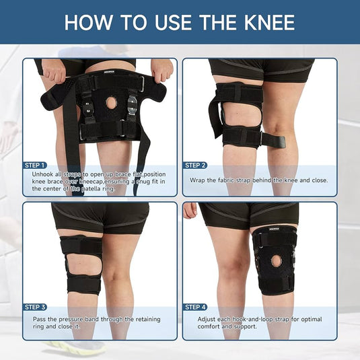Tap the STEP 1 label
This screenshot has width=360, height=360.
tap(35, 165)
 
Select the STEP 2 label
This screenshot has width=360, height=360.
tap(195, 165)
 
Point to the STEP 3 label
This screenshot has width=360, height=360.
tap(35, 307)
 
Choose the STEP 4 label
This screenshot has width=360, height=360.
tap(195, 307)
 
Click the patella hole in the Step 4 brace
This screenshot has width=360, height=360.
tap(275, 259)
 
